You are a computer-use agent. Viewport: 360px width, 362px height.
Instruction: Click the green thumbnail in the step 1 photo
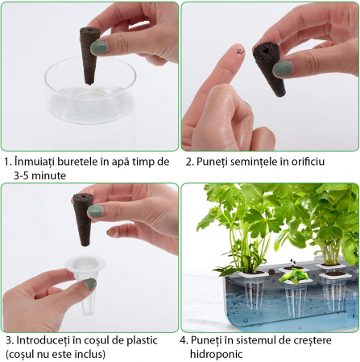(x=99, y=47)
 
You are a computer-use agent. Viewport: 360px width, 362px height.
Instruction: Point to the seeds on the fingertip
(x=241, y=51)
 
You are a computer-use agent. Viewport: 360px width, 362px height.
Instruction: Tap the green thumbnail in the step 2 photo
(x=283, y=68)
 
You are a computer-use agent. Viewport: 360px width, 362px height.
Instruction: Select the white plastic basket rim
(x=85, y=264)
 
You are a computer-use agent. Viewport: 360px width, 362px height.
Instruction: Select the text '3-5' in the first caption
(x=21, y=176)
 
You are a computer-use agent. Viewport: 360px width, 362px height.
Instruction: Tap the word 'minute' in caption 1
(x=48, y=176)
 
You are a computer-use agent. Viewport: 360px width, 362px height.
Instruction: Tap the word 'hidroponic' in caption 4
(x=217, y=354)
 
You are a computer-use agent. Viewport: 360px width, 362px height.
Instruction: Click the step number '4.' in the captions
(x=184, y=340)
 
